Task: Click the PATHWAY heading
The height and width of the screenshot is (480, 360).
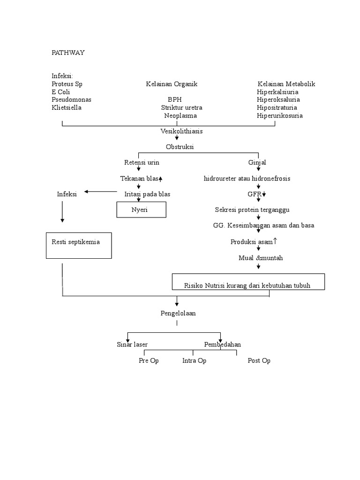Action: point(68,52)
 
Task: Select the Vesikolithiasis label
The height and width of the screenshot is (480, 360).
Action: point(181,131)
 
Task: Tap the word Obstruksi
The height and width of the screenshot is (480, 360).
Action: point(180,147)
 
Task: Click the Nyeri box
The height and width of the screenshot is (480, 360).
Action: point(141,210)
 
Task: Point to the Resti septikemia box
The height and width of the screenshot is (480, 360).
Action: point(79,245)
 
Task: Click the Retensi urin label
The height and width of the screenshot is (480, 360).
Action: point(141,162)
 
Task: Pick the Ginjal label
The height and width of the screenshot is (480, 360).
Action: point(257,162)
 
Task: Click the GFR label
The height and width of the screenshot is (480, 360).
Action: point(256,194)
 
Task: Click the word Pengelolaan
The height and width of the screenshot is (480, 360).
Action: point(178,313)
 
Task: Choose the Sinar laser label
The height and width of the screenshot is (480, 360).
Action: point(132,345)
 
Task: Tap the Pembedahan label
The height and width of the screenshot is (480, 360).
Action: point(222,345)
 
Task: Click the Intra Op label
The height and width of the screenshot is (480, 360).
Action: point(194,360)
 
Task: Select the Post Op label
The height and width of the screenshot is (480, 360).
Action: point(259,360)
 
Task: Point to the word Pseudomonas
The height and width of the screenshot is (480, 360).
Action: point(71,99)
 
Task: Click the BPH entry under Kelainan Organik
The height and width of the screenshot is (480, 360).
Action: point(174,99)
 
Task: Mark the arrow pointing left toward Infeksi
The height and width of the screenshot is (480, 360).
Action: point(100,191)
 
